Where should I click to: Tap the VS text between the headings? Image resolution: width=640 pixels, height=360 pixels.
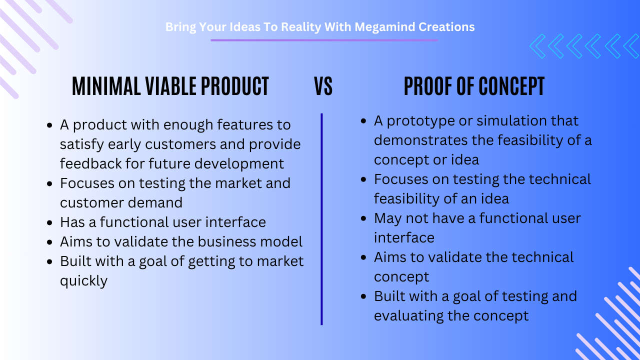tap(323, 86)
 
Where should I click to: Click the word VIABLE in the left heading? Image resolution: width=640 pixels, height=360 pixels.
tap(171, 86)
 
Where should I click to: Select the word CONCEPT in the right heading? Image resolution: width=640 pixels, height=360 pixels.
tap(511, 86)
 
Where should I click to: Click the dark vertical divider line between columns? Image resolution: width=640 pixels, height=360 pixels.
tap(321, 219)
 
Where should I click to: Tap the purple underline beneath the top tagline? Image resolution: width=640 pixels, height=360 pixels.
tap(324, 40)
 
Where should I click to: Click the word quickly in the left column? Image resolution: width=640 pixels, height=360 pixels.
tap(83, 281)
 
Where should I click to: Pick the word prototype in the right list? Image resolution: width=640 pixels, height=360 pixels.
tap(420, 121)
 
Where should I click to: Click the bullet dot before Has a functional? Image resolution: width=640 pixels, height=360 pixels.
tap(49, 222)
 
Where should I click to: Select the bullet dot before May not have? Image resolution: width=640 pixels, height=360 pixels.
tap(363, 219)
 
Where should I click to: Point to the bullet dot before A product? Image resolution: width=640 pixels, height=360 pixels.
tap(49, 125)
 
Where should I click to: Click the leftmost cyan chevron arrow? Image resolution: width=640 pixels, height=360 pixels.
tap(537, 46)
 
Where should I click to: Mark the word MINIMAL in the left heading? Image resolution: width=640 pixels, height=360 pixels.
tap(106, 86)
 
